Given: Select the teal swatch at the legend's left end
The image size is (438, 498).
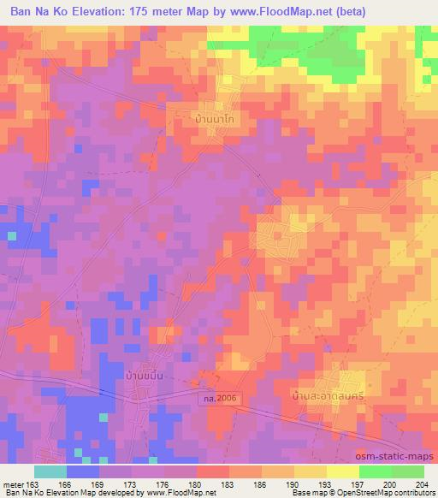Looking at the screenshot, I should [50, 471].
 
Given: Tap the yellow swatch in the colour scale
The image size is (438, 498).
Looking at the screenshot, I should [343, 471].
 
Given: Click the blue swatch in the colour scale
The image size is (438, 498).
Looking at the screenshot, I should [83, 471].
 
